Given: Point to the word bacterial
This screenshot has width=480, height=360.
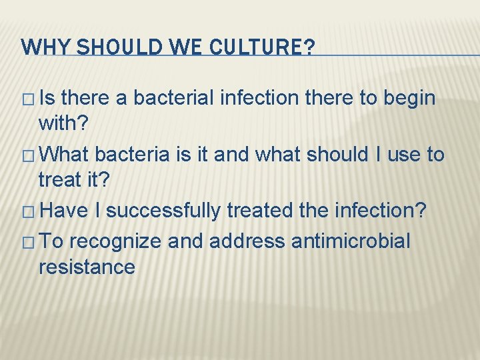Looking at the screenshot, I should pos(175,99).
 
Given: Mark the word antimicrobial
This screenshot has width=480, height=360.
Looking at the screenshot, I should pos(351,241).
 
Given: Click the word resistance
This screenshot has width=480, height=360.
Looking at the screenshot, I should pos(87,267).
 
